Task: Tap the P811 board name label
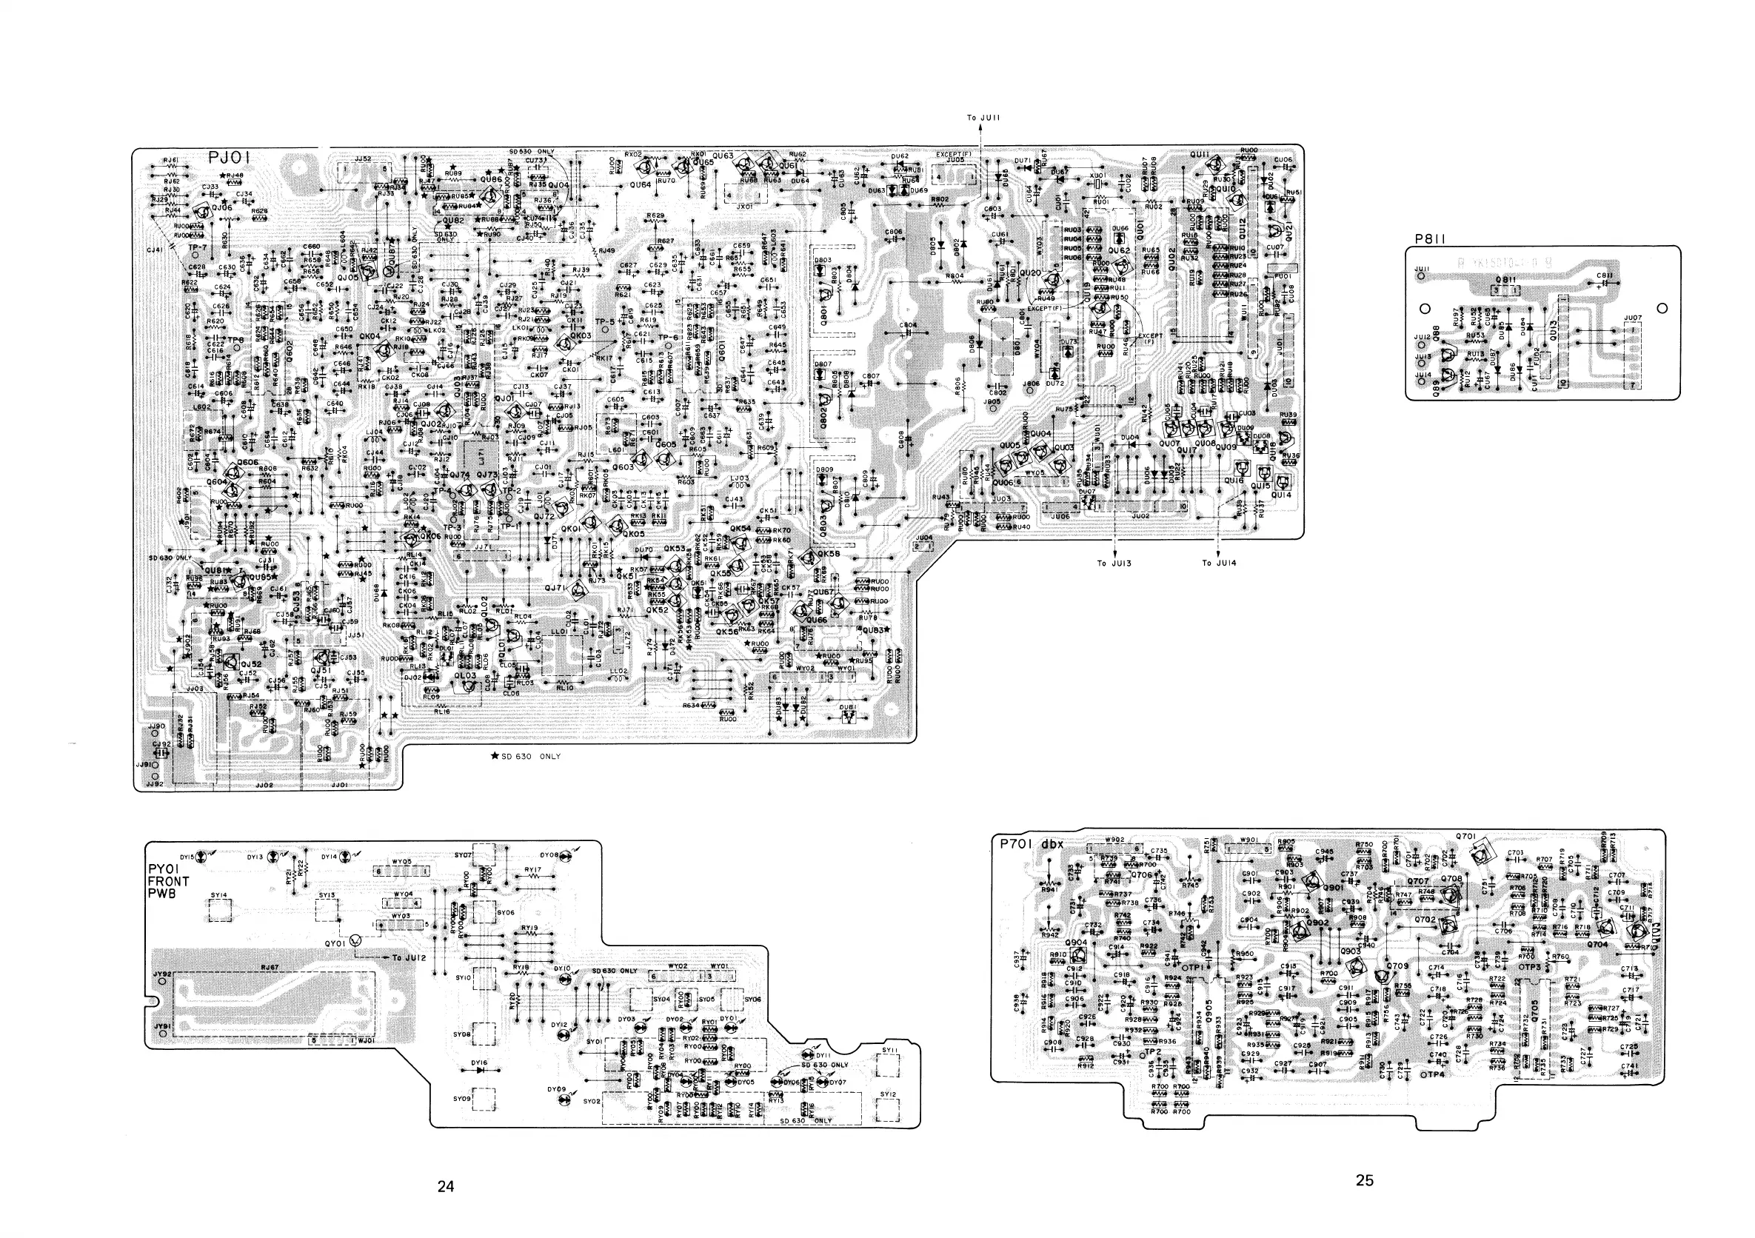click(x=1428, y=238)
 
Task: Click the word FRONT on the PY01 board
click(x=168, y=881)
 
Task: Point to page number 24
click(x=446, y=1186)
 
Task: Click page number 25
click(x=1365, y=1180)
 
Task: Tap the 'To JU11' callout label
click(x=983, y=118)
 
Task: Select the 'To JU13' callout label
click(x=1114, y=563)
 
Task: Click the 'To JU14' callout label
click(x=1218, y=563)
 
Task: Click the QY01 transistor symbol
click(x=356, y=943)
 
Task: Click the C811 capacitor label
click(x=1605, y=275)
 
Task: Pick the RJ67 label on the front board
click(x=270, y=967)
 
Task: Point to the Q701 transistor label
click(x=1466, y=837)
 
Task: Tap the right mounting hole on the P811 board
click(x=1662, y=308)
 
